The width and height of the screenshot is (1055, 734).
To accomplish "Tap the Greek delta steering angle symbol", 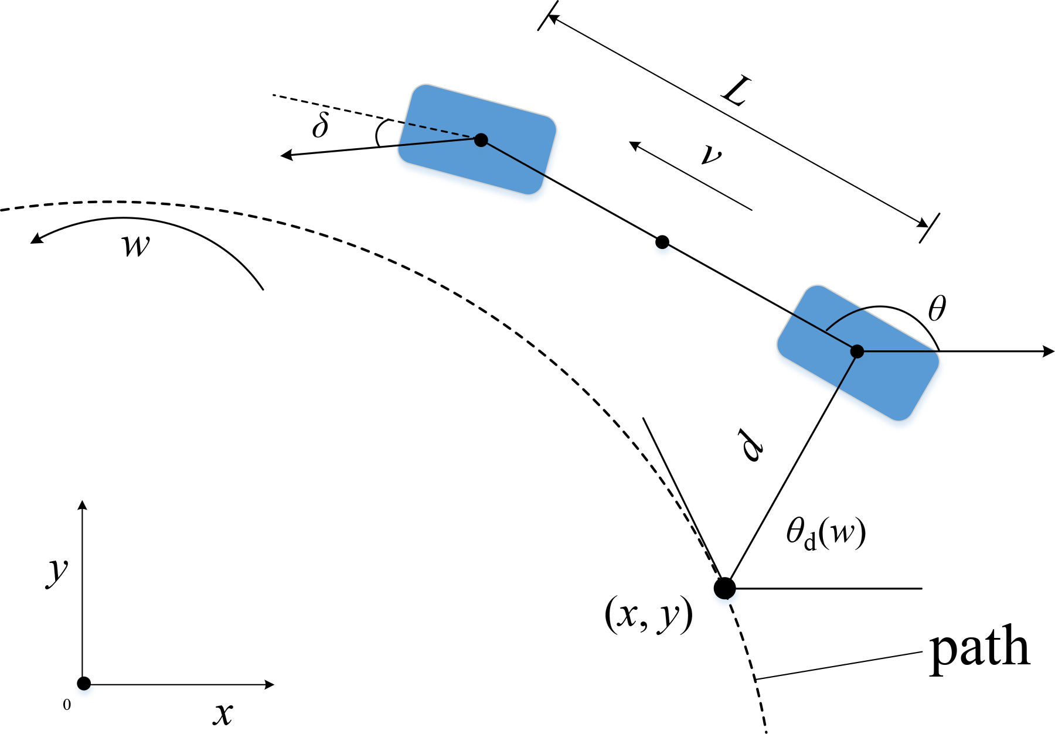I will (x=320, y=125).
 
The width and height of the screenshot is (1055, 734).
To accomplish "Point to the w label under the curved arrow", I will (x=136, y=245).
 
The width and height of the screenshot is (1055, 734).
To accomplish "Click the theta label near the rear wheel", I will (x=937, y=308).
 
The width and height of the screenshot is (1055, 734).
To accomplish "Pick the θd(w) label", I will (x=826, y=534).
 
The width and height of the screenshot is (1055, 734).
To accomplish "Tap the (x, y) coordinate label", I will (x=648, y=616).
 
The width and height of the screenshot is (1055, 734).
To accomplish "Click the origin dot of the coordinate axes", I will (x=84, y=683).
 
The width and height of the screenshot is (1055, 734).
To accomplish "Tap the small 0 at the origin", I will (x=67, y=705).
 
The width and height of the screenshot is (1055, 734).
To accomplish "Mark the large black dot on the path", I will (x=724, y=588).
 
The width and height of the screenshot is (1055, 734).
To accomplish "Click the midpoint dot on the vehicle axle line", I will (x=662, y=241).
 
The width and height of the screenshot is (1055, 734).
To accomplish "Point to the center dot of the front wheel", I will (x=481, y=139).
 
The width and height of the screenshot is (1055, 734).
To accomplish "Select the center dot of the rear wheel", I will (x=857, y=351).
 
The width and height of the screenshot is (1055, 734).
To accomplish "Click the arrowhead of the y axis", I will (x=83, y=506).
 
